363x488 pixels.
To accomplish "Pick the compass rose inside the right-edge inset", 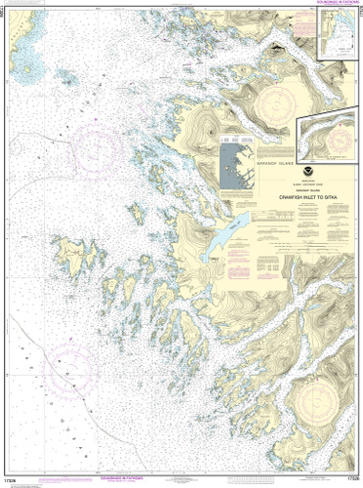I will click(334, 139).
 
